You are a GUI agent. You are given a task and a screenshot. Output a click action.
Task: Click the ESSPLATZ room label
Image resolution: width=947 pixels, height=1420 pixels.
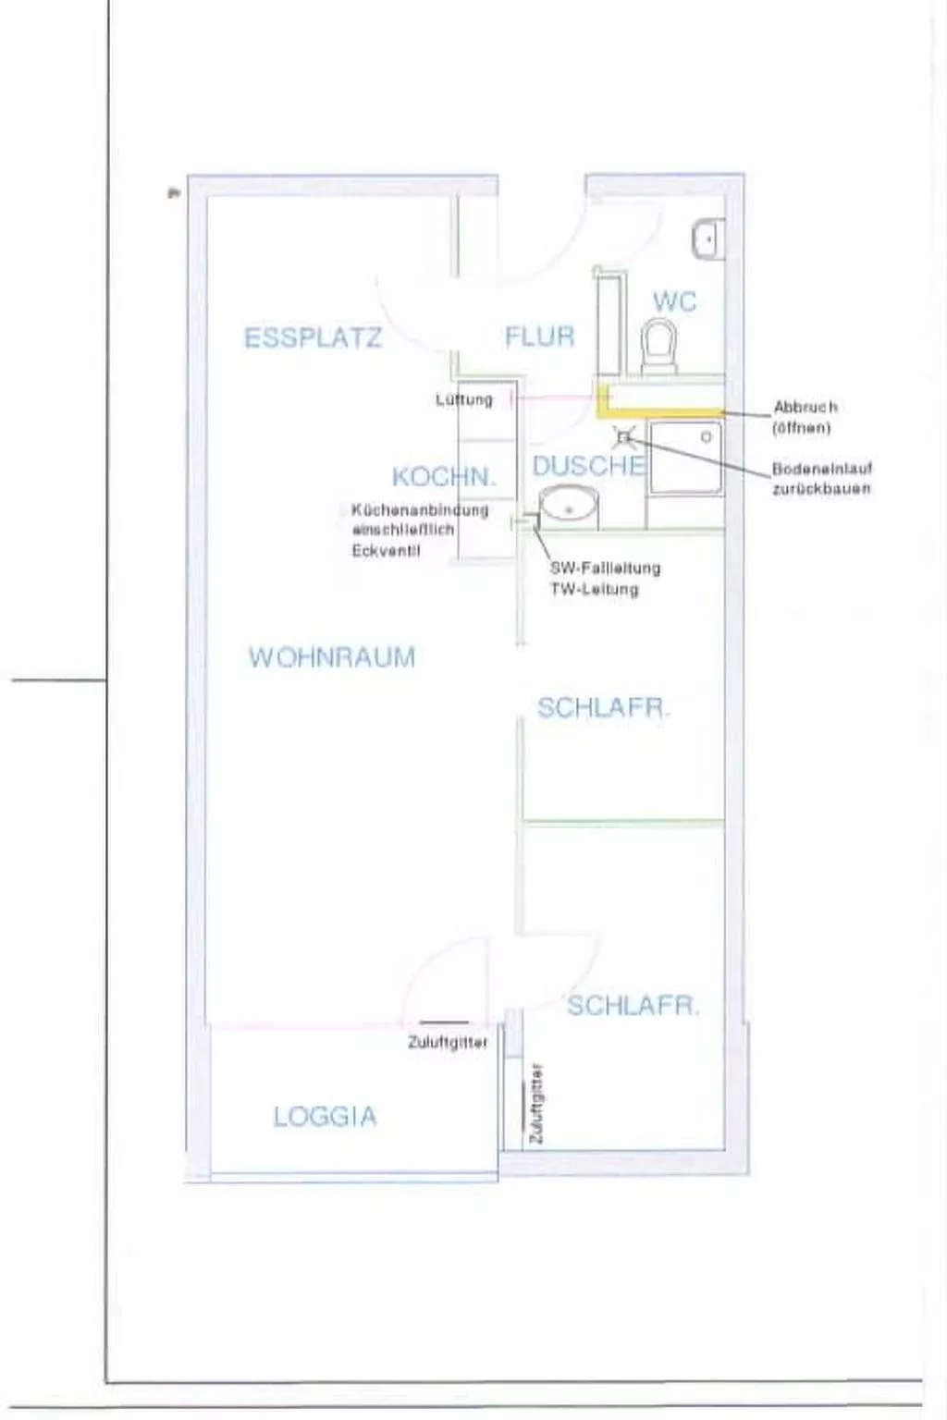click(313, 338)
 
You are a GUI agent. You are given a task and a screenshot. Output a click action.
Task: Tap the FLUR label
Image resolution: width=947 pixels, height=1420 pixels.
click(539, 337)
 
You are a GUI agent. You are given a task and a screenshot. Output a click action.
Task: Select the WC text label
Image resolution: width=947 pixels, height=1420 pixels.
click(674, 301)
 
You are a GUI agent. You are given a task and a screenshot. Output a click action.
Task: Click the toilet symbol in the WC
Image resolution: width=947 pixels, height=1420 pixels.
click(659, 346)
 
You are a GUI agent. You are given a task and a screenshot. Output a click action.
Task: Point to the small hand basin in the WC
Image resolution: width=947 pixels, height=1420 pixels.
click(707, 239)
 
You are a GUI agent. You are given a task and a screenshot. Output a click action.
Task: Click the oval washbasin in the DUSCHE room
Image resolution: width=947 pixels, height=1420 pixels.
click(568, 507)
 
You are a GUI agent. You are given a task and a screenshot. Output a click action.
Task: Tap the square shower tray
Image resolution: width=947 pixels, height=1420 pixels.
click(685, 457)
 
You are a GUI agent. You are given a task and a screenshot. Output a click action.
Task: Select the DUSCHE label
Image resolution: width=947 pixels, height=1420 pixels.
click(588, 466)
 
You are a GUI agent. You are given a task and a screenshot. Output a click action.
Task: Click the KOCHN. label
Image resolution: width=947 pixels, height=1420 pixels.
click(444, 477)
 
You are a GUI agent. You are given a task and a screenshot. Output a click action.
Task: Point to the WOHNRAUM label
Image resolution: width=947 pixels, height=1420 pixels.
click(332, 657)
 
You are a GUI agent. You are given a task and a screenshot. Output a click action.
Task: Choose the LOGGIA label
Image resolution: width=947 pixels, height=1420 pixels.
click(326, 1117)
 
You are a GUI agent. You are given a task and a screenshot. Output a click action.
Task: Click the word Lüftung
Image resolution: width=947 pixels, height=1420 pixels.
click(464, 399)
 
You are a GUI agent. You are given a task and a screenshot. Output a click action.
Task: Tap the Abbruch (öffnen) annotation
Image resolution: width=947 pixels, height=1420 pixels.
click(805, 417)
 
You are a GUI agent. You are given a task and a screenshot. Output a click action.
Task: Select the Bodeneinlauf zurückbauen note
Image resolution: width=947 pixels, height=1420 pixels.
click(821, 479)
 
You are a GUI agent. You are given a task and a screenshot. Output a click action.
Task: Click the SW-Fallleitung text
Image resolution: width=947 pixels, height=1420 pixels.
click(605, 569)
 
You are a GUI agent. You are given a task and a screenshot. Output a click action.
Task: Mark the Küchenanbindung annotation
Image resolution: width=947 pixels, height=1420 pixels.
click(418, 530)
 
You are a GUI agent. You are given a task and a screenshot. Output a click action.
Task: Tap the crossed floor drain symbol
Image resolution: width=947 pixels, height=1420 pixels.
click(623, 436)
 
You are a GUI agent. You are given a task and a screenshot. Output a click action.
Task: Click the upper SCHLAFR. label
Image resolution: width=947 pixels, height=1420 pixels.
click(603, 708)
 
